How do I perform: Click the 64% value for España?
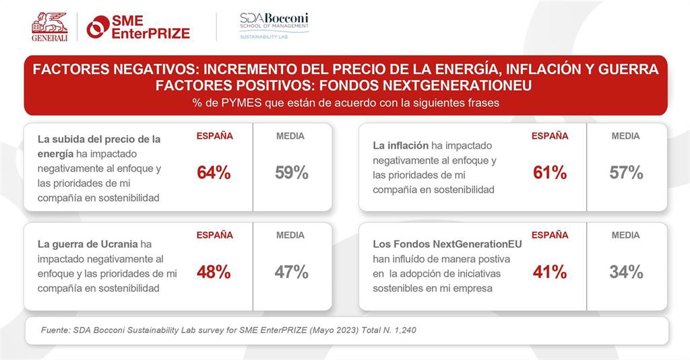point(214,173)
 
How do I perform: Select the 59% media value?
point(291,173)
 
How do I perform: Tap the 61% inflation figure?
point(549,173)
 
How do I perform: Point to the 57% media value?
point(626,173)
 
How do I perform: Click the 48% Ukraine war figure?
point(214,271)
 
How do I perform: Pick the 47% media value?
point(291,271)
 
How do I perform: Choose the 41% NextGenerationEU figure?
point(549,271)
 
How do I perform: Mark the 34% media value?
point(626,271)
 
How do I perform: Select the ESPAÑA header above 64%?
point(214,135)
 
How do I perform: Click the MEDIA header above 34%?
point(626,235)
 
